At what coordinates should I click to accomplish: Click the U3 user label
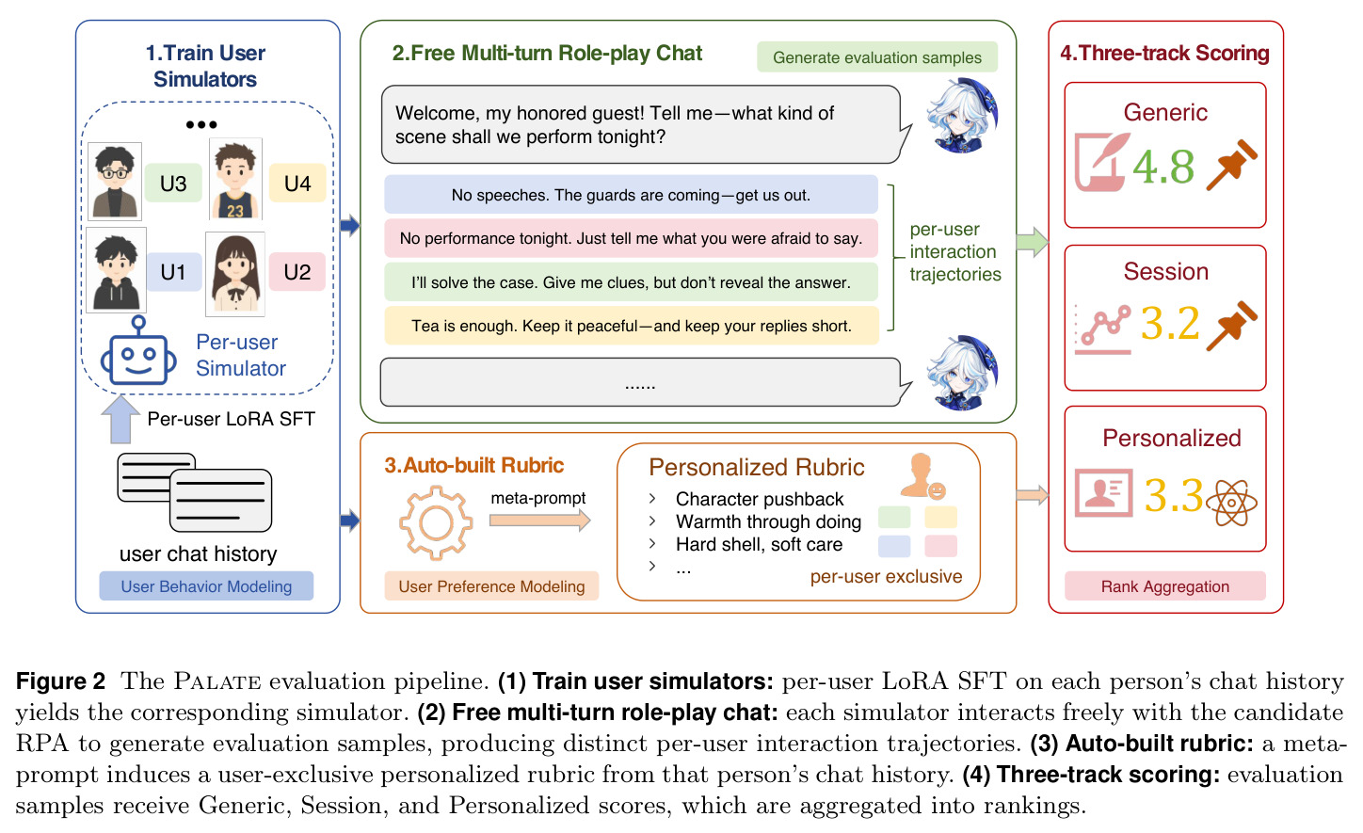pos(173,184)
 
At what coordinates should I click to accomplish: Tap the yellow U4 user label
pos(297,184)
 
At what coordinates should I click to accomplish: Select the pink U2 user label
pos(297,271)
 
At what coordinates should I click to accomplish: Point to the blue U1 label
pos(173,271)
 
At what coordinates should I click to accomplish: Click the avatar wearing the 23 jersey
pos(235,179)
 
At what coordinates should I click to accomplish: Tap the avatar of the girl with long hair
pos(235,274)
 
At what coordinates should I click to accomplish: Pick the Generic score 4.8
pos(1163,167)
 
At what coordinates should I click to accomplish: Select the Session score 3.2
pos(1169,323)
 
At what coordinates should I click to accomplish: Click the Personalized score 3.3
pos(1173,495)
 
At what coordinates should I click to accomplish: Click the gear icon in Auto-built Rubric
pos(436,522)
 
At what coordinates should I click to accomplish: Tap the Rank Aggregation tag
pos(1164,586)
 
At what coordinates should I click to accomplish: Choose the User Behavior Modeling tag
pos(206,586)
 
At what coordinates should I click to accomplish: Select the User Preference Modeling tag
pos(491,586)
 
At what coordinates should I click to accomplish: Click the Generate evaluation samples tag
pos(877,57)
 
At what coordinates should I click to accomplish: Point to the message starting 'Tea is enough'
pos(631,326)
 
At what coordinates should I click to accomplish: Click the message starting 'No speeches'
pos(631,195)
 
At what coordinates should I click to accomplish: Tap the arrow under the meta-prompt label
pos(539,521)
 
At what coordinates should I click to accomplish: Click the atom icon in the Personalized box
pos(1231,503)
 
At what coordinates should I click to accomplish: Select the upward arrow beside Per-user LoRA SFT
pos(120,419)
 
